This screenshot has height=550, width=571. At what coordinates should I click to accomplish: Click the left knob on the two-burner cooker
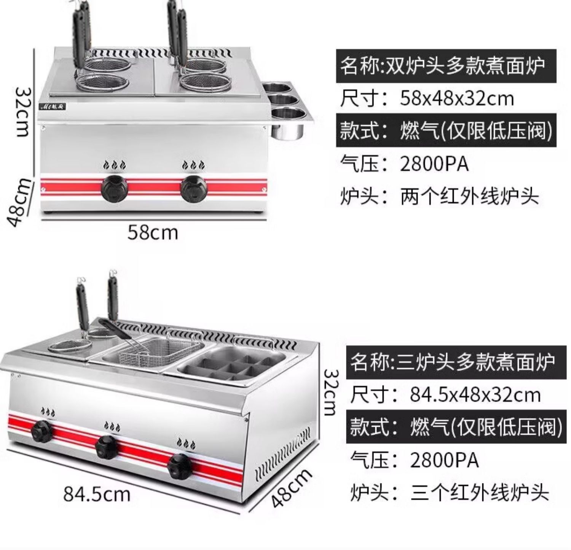(114, 188)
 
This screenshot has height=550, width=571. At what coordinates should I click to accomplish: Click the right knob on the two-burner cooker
(193, 188)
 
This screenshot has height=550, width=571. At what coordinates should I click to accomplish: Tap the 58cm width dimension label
(153, 232)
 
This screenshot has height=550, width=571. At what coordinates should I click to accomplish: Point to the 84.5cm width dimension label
(97, 494)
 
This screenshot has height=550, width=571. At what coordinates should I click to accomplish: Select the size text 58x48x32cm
(456, 99)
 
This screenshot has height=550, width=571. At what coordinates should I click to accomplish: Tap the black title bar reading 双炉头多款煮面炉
(446, 65)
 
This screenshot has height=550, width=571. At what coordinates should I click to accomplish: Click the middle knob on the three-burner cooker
(107, 447)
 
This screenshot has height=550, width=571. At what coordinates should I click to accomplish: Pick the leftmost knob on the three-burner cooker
(42, 431)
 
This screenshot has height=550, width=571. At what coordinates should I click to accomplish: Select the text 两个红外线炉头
(469, 197)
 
